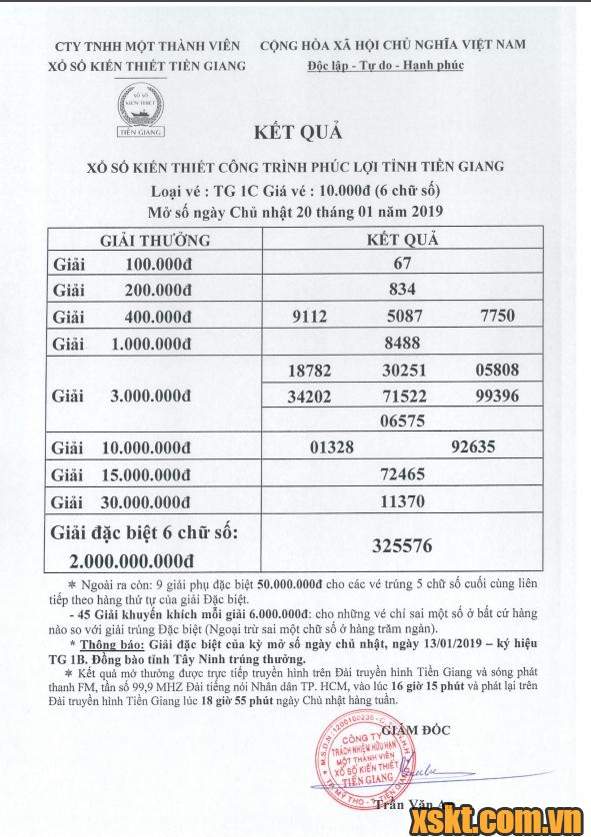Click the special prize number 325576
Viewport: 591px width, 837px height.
pos(402,547)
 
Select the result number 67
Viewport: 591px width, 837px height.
pos(402,265)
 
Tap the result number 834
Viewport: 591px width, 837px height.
pos(402,290)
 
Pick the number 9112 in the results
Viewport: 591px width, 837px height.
pos(310,316)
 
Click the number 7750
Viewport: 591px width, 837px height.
pos(497,316)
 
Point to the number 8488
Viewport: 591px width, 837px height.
pos(402,342)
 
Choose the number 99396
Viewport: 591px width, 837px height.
pos(497,396)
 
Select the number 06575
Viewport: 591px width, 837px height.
pos(402,421)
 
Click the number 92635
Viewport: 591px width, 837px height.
pos(473,446)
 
